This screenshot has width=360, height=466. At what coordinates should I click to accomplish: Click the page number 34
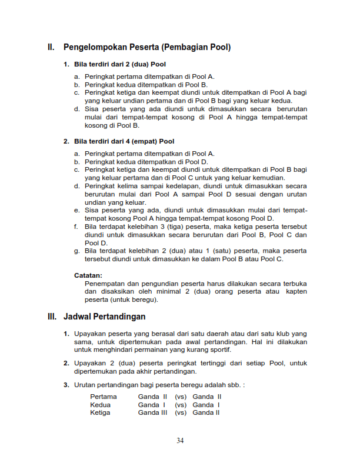click(x=180, y=441)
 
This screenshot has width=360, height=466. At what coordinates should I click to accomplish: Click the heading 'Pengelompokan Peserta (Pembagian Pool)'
click(x=147, y=47)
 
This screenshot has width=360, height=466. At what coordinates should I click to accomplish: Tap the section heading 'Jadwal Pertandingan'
click(x=104, y=317)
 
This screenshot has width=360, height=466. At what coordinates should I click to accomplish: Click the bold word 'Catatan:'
click(x=88, y=275)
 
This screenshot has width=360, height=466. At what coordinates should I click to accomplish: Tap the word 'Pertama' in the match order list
click(x=104, y=397)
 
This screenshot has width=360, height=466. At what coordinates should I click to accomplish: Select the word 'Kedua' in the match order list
click(x=100, y=405)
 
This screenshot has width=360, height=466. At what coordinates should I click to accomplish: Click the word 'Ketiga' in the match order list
click(x=100, y=412)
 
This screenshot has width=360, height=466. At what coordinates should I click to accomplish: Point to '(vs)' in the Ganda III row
click(x=181, y=412)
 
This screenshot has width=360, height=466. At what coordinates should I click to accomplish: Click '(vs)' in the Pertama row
click(x=181, y=397)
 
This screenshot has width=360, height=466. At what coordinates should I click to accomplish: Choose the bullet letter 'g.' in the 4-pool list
click(x=77, y=251)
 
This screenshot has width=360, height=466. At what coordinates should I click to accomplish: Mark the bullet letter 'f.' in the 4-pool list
click(x=76, y=227)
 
